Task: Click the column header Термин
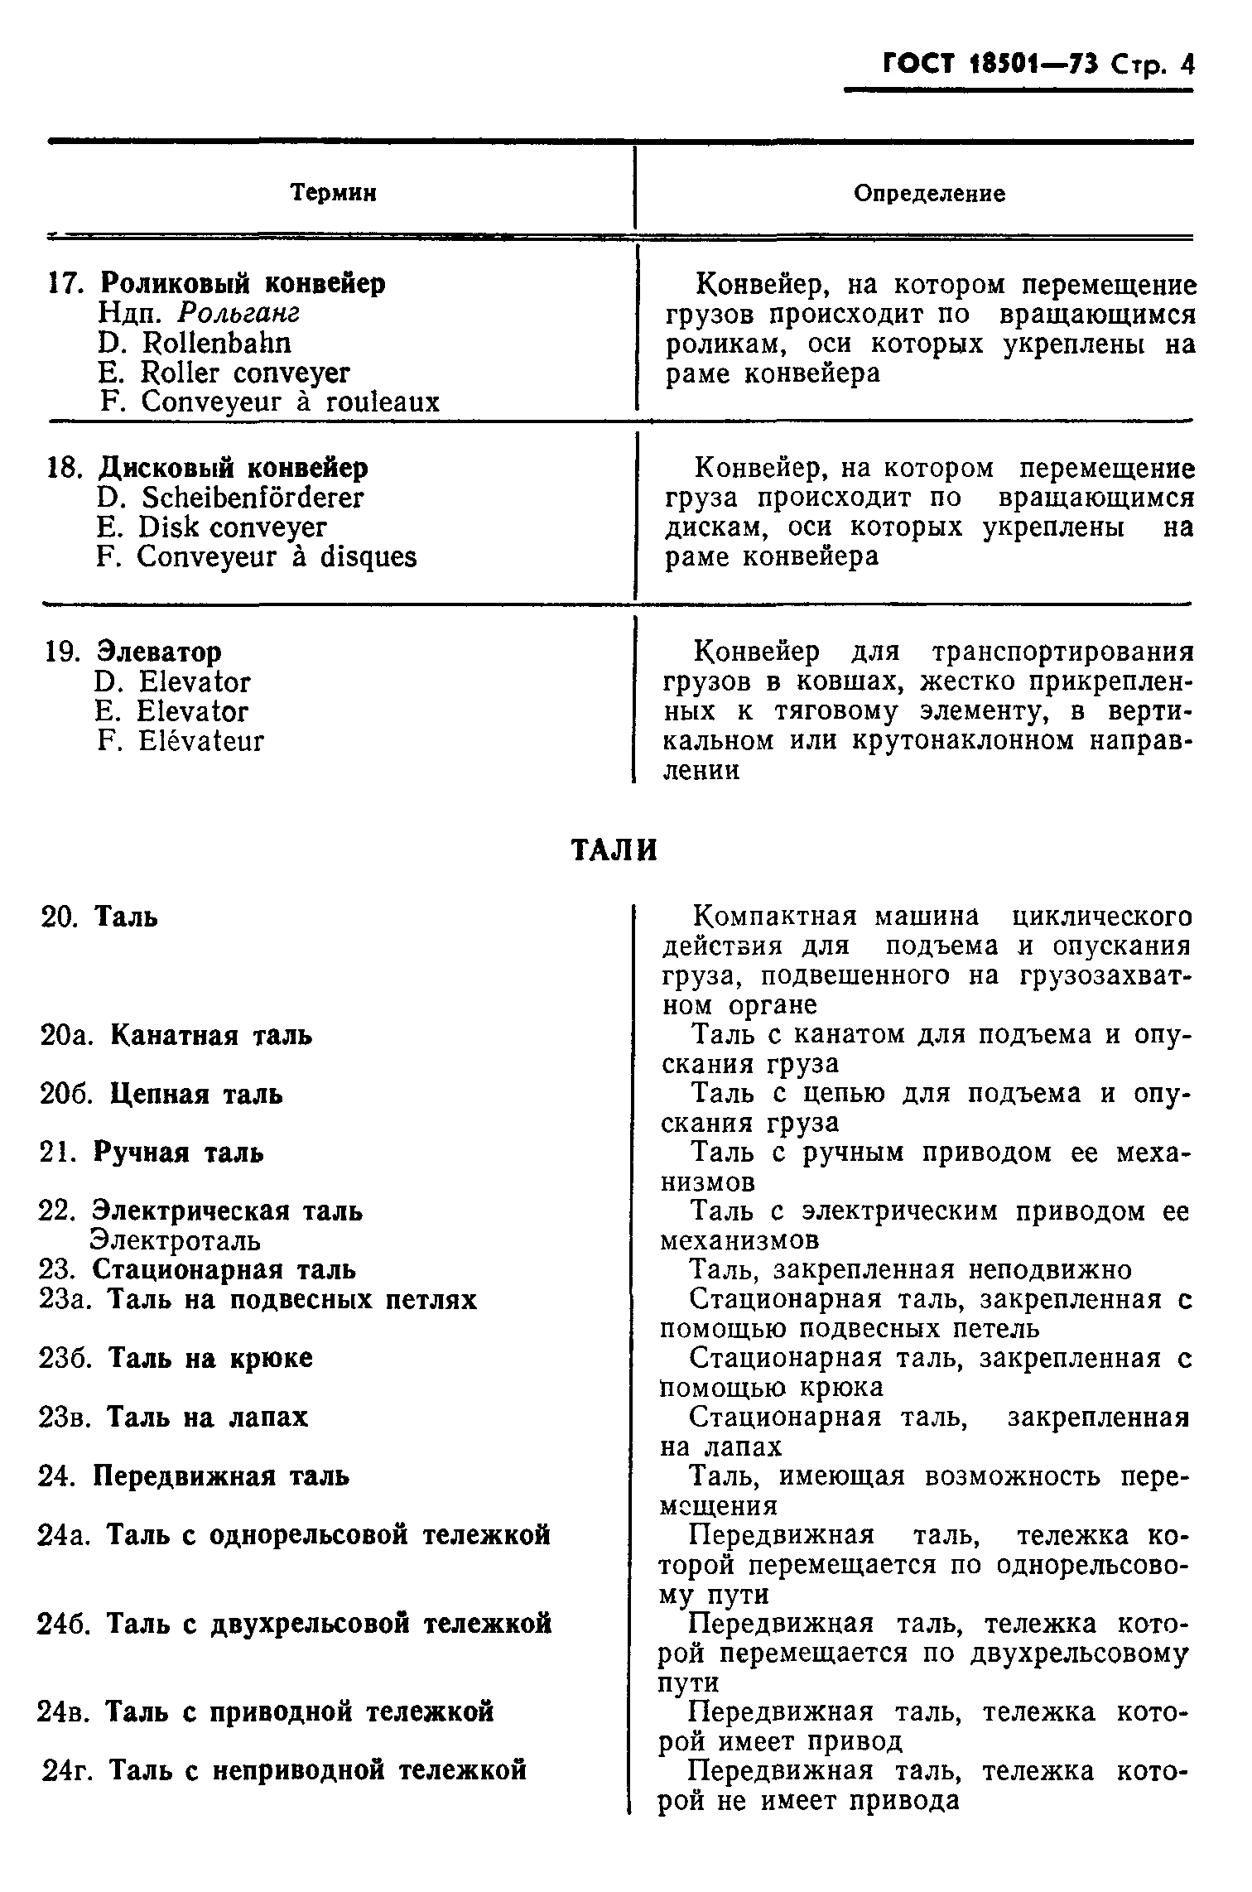coord(334,194)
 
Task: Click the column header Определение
coord(930,194)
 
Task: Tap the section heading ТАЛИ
coord(615,851)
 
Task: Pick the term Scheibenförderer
coord(252,498)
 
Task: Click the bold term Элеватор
coord(160,652)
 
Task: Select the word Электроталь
coord(176,1240)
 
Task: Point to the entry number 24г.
coord(68,1770)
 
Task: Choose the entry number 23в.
coord(65,1417)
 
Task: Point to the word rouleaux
coord(383,402)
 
